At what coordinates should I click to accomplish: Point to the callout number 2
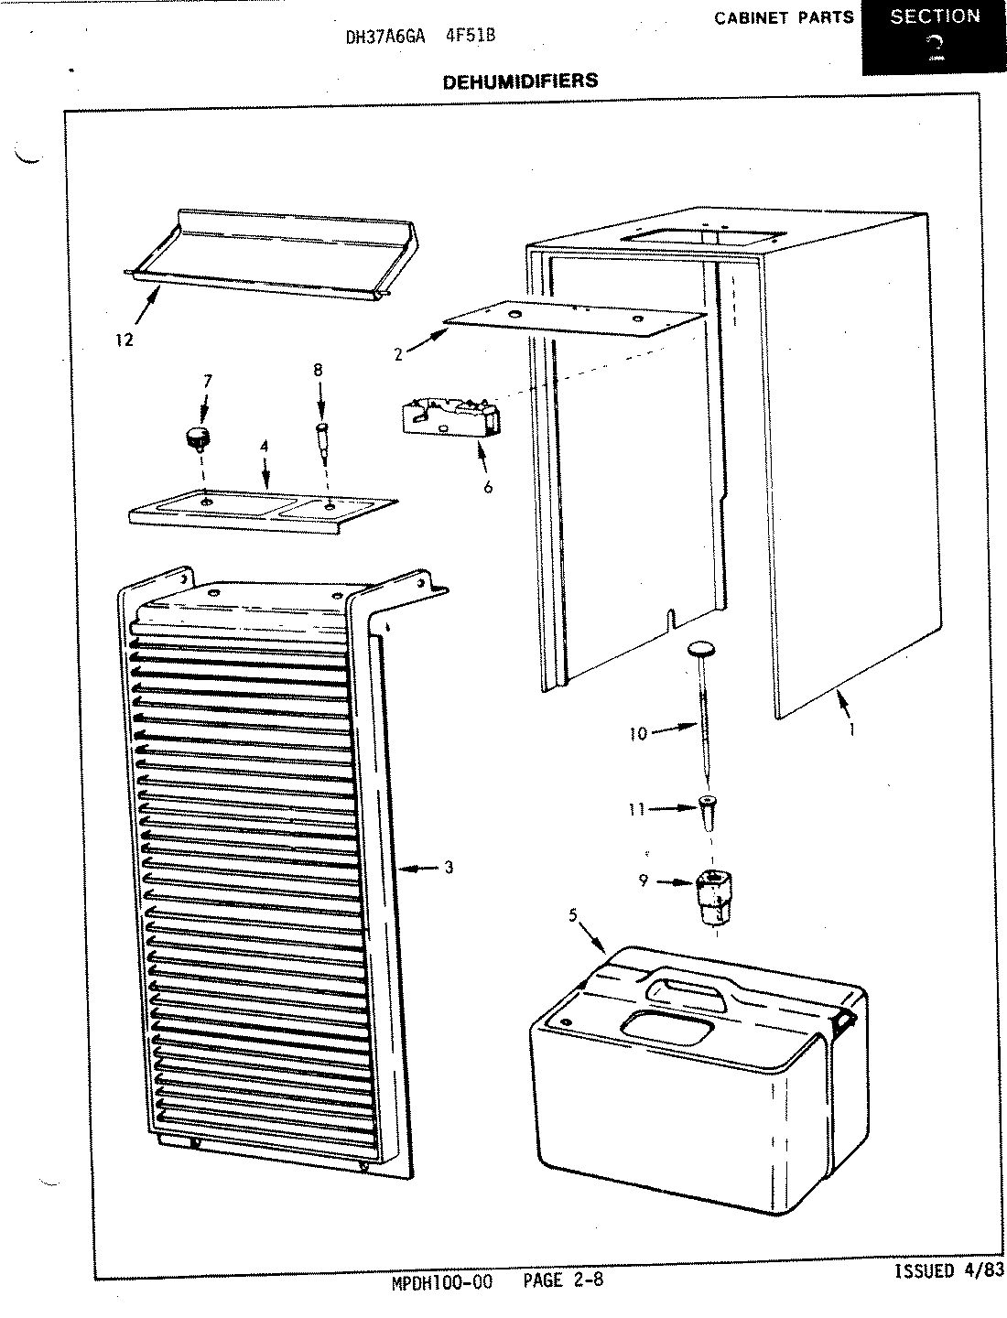click(398, 355)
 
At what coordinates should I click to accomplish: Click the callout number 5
click(573, 913)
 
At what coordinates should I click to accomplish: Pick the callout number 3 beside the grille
click(449, 868)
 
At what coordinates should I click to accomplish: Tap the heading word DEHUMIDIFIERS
click(520, 81)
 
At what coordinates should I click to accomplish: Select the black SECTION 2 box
click(934, 37)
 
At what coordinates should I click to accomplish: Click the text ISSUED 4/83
click(947, 1271)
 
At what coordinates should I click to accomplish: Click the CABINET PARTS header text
click(784, 17)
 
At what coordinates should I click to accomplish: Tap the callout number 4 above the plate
click(264, 447)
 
